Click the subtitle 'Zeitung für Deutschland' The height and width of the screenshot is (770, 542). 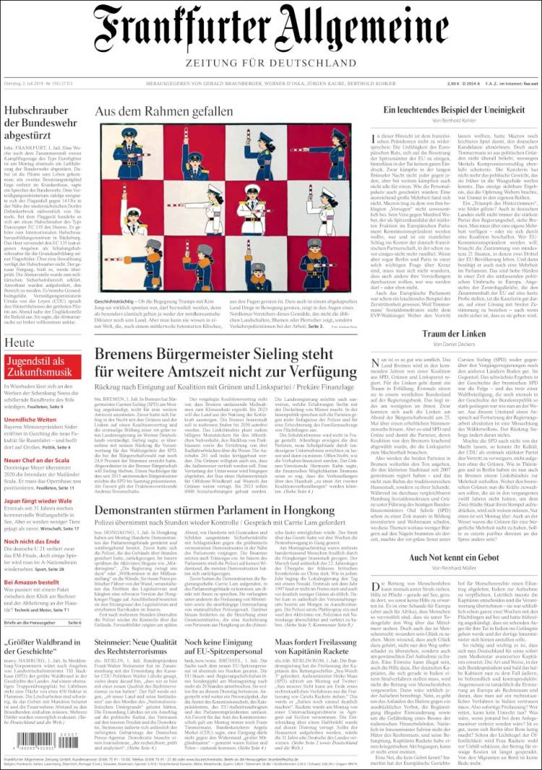click(x=271, y=63)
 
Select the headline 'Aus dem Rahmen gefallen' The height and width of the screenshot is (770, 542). click(x=164, y=112)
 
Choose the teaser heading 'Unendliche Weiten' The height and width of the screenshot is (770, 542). click(x=30, y=420)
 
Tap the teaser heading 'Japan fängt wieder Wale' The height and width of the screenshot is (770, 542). click(x=39, y=501)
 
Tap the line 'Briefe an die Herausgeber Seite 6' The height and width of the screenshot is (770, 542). click(x=43, y=622)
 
